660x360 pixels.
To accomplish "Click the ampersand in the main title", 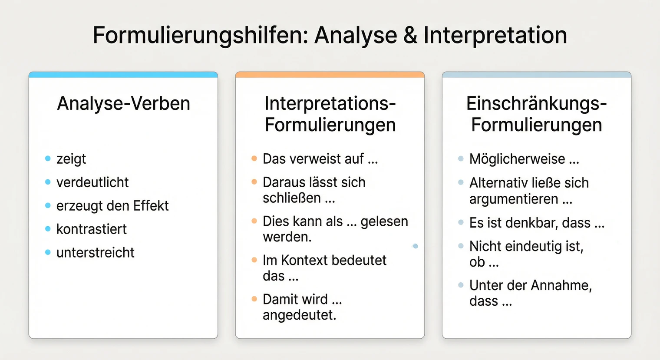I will pyautogui.click(x=410, y=36).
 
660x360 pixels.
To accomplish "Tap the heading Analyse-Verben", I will pyautogui.click(x=124, y=104).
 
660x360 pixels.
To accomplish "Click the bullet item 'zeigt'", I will pyautogui.click(x=71, y=159).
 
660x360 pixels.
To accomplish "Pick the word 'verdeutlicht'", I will pyautogui.click(x=92, y=182).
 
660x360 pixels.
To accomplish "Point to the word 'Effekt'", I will pyautogui.click(x=151, y=206).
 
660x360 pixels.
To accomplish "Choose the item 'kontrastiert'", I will pyautogui.click(x=92, y=229).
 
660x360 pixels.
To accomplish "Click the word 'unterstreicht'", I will pyautogui.click(x=96, y=253).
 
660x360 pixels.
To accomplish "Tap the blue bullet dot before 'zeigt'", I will pyautogui.click(x=48, y=159).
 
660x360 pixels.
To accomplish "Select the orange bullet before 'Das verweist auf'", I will pyautogui.click(x=254, y=159).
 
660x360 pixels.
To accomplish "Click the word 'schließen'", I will pyautogui.click(x=292, y=198).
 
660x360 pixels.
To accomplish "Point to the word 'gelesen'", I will pyautogui.click(x=384, y=221).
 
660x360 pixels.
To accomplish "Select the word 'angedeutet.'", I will pyautogui.click(x=300, y=315).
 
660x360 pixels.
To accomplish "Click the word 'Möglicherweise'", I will pyautogui.click(x=517, y=159).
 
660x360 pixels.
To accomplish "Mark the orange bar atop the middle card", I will pyautogui.click(x=330, y=75).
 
